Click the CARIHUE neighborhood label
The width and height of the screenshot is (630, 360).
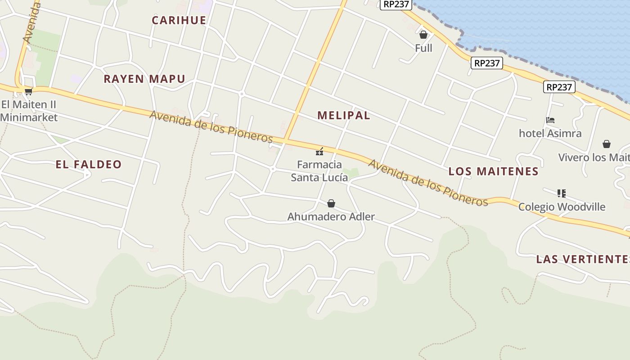[179, 20]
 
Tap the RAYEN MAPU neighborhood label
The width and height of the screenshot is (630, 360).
[144, 79]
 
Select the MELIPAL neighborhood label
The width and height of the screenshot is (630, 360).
[343, 115]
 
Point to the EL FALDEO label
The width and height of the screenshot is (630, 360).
[89, 164]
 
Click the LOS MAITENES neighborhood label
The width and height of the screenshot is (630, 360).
[493, 171]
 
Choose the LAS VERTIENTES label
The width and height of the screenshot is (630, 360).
[582, 259]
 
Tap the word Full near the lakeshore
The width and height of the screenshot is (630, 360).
[423, 48]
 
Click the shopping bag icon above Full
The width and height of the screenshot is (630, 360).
[423, 34]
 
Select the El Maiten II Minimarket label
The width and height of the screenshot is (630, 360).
[29, 111]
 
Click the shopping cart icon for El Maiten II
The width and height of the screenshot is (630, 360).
[28, 92]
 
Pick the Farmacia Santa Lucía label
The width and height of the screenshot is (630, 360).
[319, 171]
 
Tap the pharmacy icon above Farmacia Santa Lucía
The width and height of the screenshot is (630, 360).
[319, 152]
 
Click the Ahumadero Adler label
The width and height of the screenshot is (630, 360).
[331, 217]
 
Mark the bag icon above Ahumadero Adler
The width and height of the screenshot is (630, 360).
[331, 203]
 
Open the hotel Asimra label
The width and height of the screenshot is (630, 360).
[550, 133]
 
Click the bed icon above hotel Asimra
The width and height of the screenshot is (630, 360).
[550, 120]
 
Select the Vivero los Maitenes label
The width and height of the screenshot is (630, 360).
[594, 157]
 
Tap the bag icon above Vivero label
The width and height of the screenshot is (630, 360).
[607, 144]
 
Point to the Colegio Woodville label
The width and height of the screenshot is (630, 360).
[562, 207]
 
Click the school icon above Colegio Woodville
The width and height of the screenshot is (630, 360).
[561, 193]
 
